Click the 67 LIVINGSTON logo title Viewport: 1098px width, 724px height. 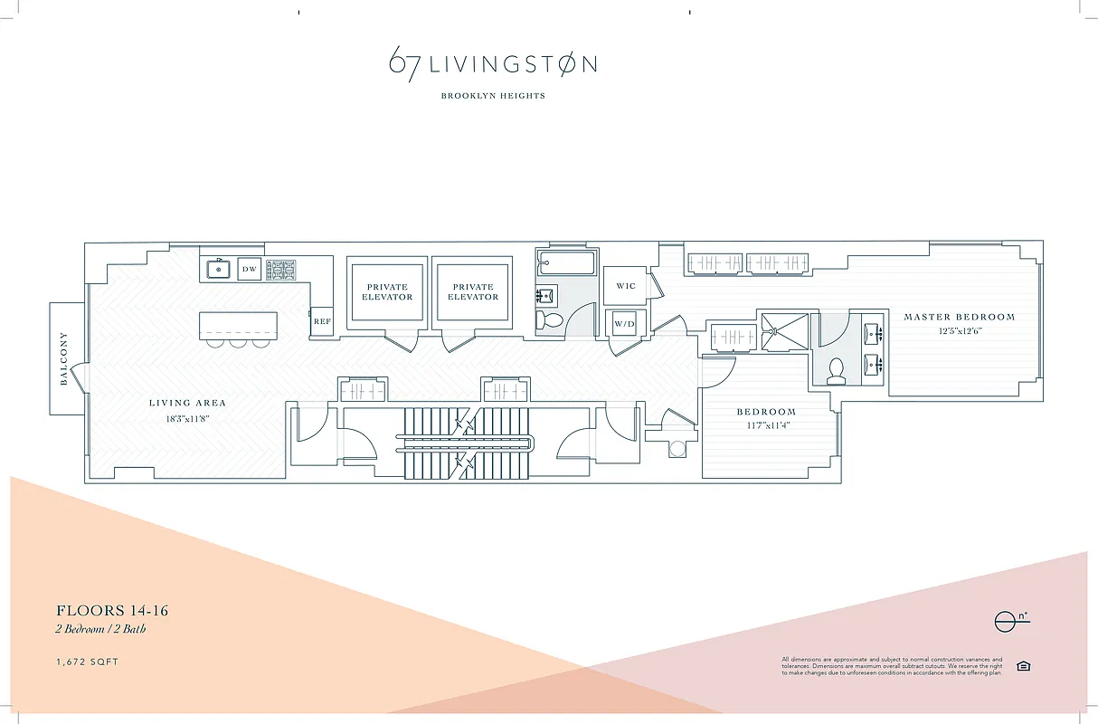coord(493,63)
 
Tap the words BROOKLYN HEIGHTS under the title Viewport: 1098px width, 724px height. coord(493,96)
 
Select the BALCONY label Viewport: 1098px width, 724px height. coord(64,359)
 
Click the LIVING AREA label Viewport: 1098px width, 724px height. coord(187,403)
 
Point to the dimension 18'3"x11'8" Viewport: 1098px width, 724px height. coord(187,418)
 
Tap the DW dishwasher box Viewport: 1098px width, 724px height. coord(250,269)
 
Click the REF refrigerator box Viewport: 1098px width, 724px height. coord(321,321)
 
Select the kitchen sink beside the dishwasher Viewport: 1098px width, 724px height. coord(217,269)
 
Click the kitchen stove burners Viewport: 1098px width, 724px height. coord(280,270)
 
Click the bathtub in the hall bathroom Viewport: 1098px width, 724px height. coord(566,264)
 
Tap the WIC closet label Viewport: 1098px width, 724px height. coord(626,286)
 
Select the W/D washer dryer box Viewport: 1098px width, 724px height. coord(624,323)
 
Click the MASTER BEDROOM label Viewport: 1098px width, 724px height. coord(959,317)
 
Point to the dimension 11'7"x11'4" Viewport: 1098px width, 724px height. coord(766,425)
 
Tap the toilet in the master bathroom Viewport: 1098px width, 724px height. coord(837,370)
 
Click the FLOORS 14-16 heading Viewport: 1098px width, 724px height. coord(112,611)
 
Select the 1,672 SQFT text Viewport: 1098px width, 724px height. coord(87,662)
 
